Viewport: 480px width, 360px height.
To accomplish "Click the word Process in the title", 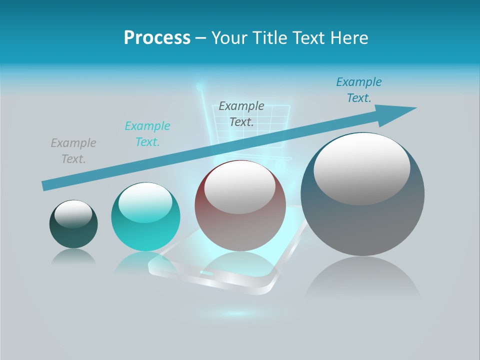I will coord(157,38).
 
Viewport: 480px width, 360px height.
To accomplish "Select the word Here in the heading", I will coord(348,38).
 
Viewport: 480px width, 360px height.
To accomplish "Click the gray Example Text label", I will coord(73,151).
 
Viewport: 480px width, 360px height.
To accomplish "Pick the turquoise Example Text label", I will coord(147,133).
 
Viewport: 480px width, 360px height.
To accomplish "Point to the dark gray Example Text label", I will coord(241,113).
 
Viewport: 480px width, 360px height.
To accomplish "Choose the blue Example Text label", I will coord(358,90).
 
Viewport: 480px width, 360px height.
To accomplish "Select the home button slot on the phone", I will coord(205,273).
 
